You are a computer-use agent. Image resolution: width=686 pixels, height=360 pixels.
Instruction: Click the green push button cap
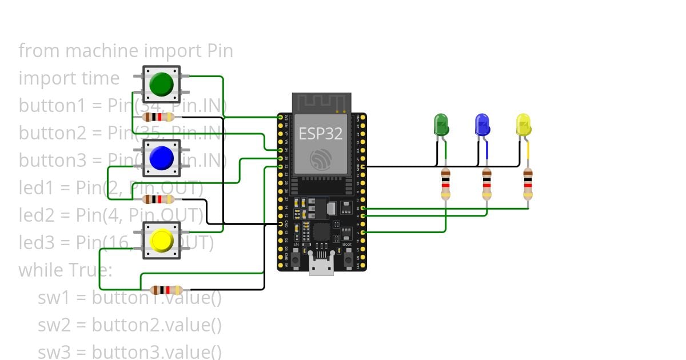click(x=161, y=85)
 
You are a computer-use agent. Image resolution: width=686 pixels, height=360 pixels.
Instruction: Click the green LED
click(x=441, y=125)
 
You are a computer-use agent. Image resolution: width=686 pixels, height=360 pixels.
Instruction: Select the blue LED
click(x=482, y=125)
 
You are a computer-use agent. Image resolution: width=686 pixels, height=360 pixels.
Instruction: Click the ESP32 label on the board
click(x=321, y=134)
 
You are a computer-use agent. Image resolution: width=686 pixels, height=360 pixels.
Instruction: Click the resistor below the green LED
click(x=446, y=183)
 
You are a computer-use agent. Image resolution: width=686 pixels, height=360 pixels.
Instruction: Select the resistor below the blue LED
click(x=486, y=183)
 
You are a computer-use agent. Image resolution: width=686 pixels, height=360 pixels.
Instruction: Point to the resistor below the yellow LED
click(x=528, y=183)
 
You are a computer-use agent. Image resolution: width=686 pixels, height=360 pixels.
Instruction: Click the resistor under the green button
click(x=158, y=117)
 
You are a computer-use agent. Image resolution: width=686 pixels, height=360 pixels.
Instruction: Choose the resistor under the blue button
click(x=158, y=199)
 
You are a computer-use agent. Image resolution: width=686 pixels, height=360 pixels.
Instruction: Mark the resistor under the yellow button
click(x=166, y=290)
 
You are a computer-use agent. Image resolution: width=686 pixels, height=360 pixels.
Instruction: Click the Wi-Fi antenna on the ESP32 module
click(x=321, y=102)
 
